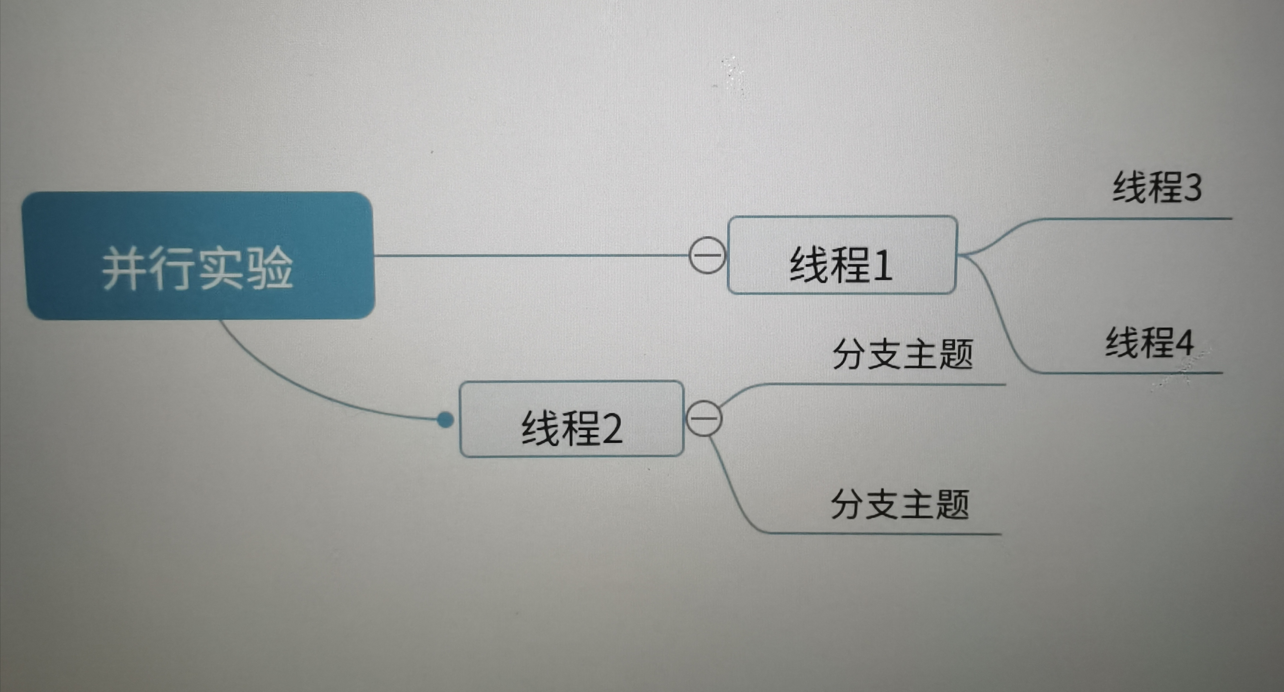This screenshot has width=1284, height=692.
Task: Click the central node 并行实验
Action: pyautogui.click(x=198, y=255)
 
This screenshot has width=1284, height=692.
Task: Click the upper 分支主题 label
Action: pyautogui.click(x=902, y=354)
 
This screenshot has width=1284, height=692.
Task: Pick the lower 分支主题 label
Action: pyautogui.click(x=900, y=504)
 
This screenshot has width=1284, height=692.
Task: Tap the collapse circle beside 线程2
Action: pyautogui.click(x=704, y=418)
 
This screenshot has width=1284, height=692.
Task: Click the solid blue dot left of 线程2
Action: pyautogui.click(x=445, y=420)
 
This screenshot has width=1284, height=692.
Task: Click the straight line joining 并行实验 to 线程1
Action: pyautogui.click(x=528, y=255)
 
